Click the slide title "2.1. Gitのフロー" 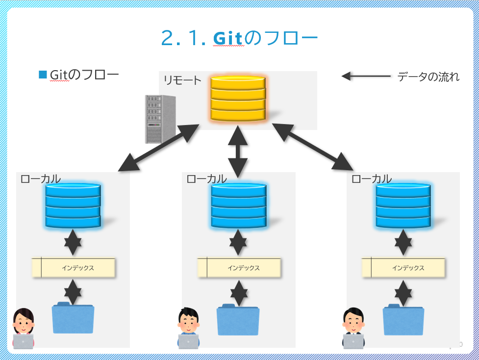click(239, 38)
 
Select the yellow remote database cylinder click(238, 98)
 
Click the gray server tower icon click(160, 119)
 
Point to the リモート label click(182, 80)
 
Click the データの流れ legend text click(428, 77)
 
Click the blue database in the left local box click(73, 206)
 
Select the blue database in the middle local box click(238, 206)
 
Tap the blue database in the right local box click(403, 206)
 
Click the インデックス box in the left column click(74, 268)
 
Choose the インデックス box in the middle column click(239, 268)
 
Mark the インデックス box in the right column click(403, 268)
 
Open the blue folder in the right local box click(403, 320)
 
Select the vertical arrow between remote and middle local click(238, 151)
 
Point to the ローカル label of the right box click(372, 179)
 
